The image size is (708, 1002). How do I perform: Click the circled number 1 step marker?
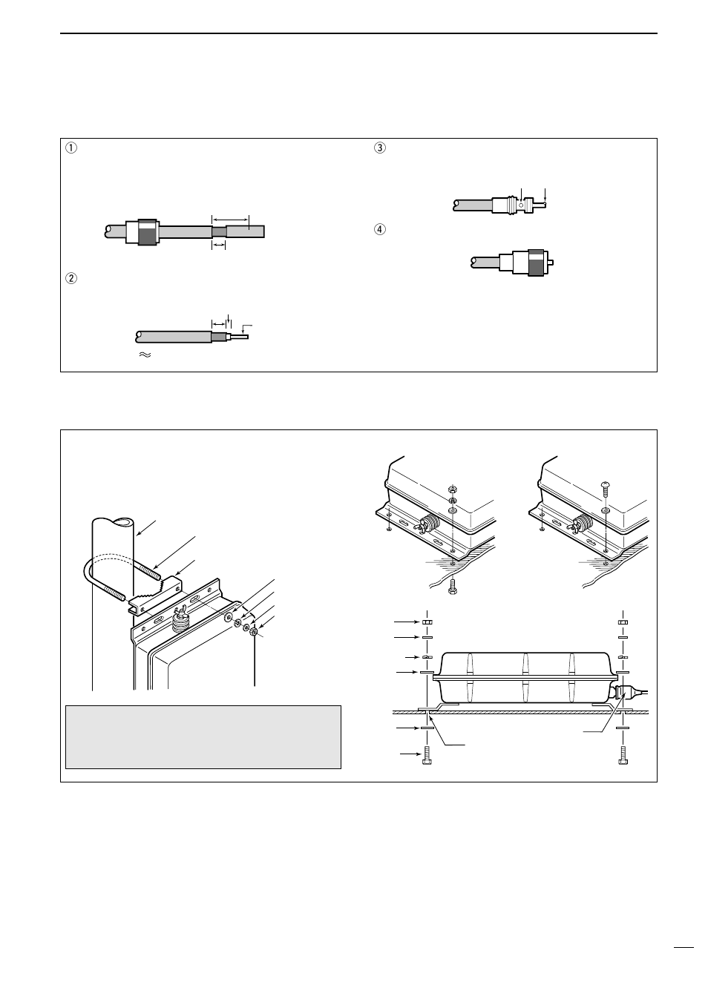point(71,148)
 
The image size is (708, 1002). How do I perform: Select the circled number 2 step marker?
point(71,279)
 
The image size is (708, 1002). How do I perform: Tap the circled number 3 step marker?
point(380,148)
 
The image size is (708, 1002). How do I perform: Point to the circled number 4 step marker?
point(380,229)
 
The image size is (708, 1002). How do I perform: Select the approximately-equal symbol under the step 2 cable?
point(144,356)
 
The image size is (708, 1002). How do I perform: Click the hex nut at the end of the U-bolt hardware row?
point(254,632)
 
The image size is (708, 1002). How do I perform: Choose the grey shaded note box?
point(203,736)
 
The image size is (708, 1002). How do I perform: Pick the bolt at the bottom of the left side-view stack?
point(427,758)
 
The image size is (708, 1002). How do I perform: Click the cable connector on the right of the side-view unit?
point(624,693)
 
